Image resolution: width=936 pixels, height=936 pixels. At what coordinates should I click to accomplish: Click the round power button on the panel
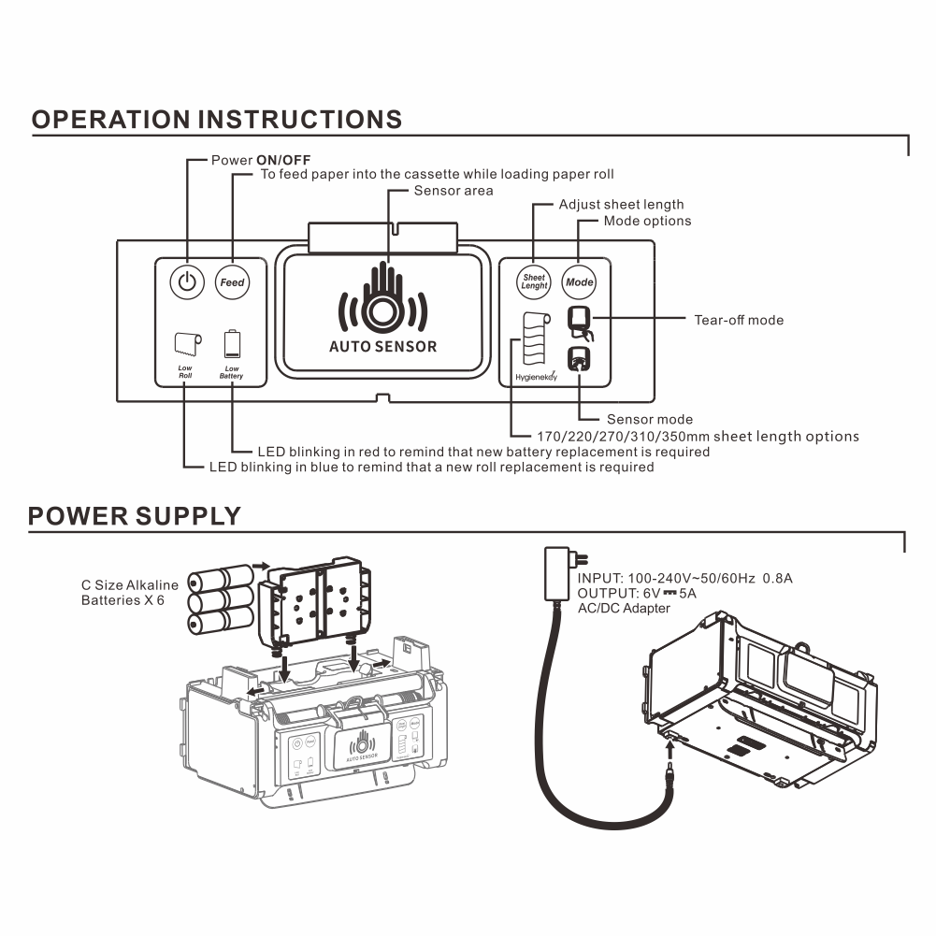tap(188, 281)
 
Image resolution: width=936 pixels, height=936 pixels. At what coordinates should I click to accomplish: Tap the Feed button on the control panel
tap(232, 281)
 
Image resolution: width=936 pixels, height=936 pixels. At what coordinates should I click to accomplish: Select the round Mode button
tap(579, 281)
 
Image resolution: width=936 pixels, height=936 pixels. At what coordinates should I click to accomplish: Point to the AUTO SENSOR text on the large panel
tap(382, 346)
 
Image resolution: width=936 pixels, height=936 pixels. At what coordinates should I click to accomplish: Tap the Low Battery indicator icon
tap(232, 344)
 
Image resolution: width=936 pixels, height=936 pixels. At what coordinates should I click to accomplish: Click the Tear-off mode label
tap(739, 320)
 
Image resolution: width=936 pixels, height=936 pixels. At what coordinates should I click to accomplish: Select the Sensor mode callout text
tap(650, 420)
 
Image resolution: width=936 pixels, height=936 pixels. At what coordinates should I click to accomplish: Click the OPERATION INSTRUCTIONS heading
tap(217, 120)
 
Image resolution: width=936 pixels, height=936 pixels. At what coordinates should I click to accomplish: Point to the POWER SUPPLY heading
tap(135, 516)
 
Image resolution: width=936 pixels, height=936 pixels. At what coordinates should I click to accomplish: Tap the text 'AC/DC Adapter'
tap(624, 609)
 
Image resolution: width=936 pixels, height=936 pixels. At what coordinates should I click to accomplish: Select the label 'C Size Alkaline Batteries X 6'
tap(129, 593)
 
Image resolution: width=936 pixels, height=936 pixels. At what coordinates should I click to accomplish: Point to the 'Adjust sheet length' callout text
tap(621, 205)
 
